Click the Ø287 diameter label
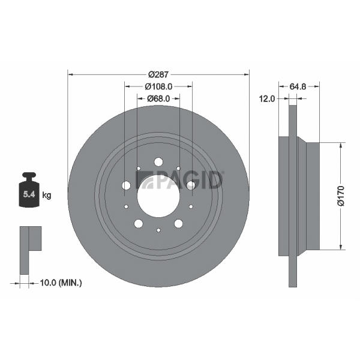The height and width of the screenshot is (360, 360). point(158,74)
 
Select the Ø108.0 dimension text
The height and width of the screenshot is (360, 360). point(158,86)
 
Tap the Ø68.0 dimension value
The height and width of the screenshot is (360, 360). point(158,98)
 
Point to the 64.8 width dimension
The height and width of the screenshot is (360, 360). point(298,86)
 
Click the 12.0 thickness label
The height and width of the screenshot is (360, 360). point(267,99)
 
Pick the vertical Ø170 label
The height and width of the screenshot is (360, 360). point(341,196)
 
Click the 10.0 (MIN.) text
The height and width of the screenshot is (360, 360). point(61,283)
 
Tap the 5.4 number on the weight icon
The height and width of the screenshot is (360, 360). point(29,194)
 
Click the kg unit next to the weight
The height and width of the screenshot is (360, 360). point(47,196)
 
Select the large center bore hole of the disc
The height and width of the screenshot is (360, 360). point(158,196)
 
